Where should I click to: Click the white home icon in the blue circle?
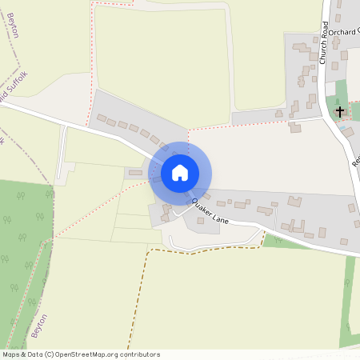180,172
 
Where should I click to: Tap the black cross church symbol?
340,111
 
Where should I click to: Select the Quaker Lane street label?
210,212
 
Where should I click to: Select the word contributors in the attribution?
138,354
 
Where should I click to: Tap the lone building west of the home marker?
135,172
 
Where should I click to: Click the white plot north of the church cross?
330,88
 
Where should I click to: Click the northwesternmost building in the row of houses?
102,118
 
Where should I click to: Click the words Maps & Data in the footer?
22,354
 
